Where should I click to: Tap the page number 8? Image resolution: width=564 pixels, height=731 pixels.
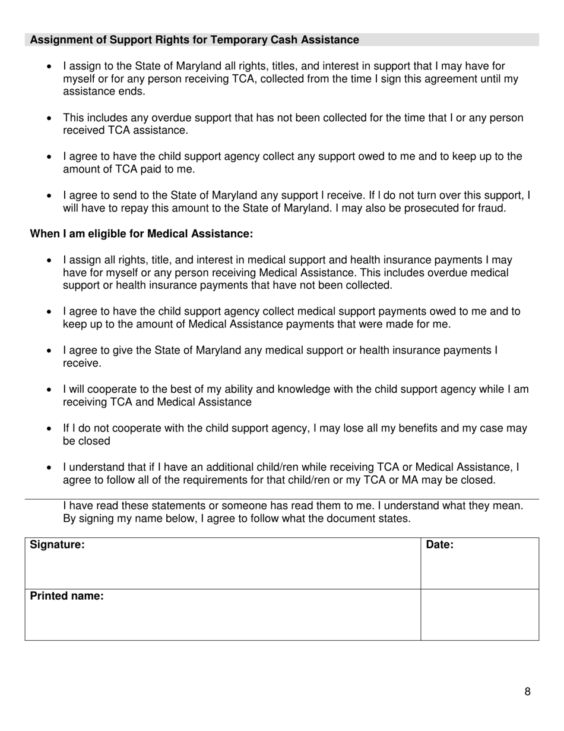coord(527,691)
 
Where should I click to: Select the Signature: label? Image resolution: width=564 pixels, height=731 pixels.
coord(57,544)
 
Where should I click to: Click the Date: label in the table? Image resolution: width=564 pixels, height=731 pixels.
coord(439,544)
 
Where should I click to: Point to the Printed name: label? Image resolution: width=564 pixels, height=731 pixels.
coord(66,596)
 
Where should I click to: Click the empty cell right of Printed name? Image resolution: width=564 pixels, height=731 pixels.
coord(479,615)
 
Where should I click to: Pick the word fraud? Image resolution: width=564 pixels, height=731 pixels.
coord(492,208)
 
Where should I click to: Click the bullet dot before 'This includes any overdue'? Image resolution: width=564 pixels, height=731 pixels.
coord(49,118)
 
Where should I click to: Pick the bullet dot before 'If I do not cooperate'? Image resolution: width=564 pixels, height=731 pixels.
coord(49,429)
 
